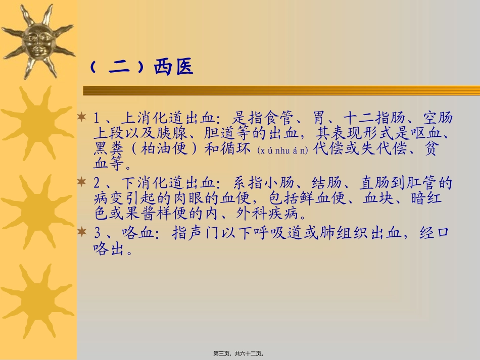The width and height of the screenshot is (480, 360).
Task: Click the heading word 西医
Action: pos(173,68)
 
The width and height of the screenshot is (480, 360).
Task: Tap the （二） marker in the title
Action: pos(119,68)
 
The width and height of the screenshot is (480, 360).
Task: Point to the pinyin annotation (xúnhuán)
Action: pos(282,151)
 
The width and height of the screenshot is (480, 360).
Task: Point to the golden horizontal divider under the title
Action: pos(281,90)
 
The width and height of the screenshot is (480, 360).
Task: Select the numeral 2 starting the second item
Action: pos(99,183)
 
